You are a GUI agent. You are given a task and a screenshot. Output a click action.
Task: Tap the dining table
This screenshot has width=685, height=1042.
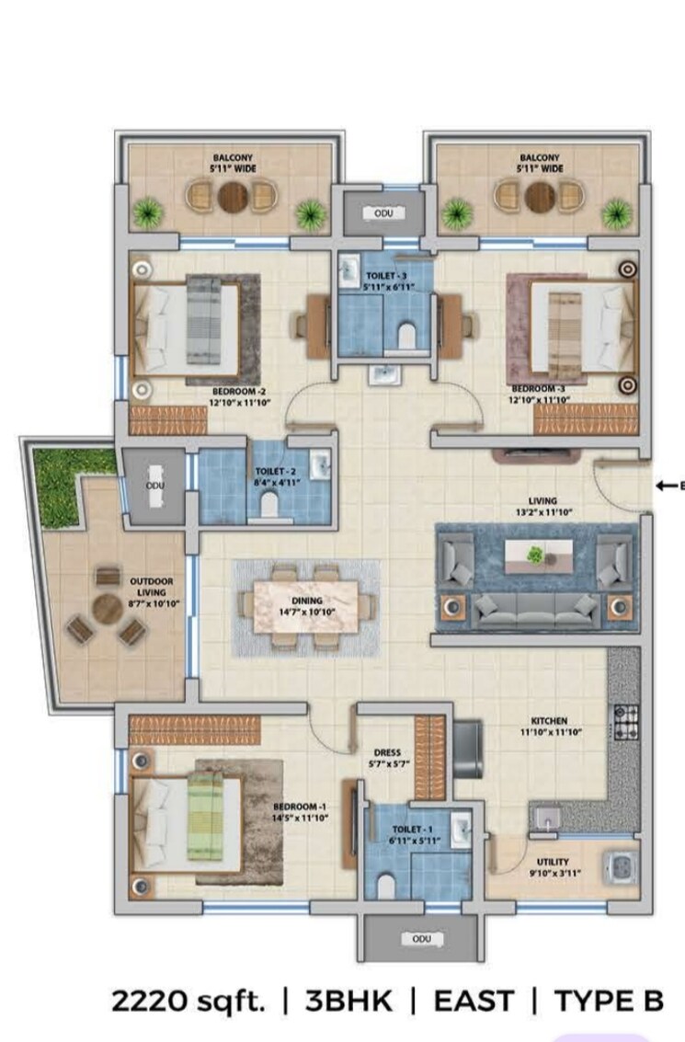pyautogui.click(x=308, y=606)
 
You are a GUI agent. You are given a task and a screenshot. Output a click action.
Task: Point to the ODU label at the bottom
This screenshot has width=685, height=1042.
pyautogui.click(x=422, y=939)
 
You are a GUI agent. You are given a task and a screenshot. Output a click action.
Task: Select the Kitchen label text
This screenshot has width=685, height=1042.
pyautogui.click(x=549, y=720)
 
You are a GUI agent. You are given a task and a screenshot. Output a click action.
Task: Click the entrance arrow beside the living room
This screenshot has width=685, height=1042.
pyautogui.click(x=668, y=485)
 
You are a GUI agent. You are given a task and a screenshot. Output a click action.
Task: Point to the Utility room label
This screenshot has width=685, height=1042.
pyautogui.click(x=554, y=863)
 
